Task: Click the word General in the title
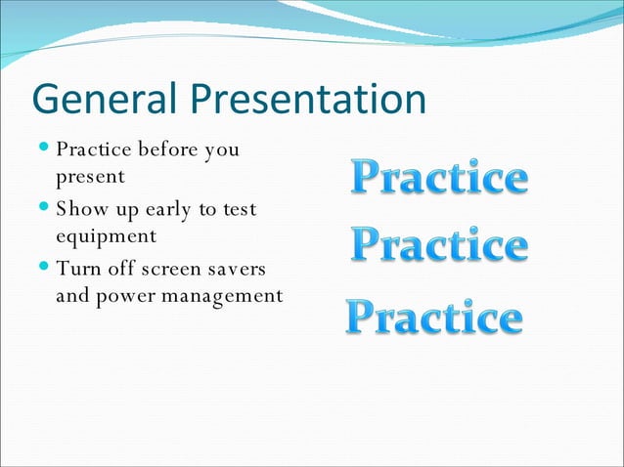pyautogui.click(x=105, y=99)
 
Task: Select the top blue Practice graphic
pyautogui.click(x=439, y=178)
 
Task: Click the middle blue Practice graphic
pyautogui.click(x=439, y=244)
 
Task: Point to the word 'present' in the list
pyautogui.click(x=90, y=178)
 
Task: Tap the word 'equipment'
pyautogui.click(x=107, y=237)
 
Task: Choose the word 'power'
pyautogui.click(x=126, y=295)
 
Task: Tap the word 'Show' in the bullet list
pyautogui.click(x=77, y=209)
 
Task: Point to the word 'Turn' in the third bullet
pyautogui.click(x=76, y=269)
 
